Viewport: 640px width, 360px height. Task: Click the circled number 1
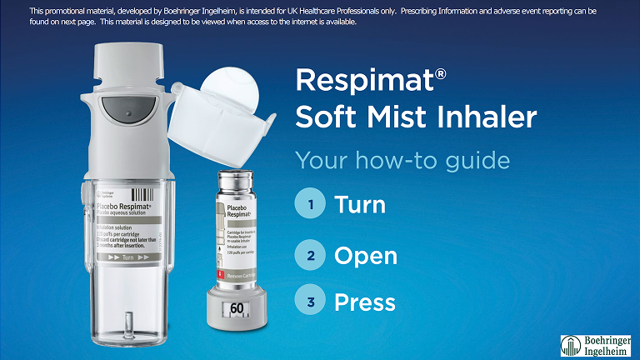click(x=310, y=204)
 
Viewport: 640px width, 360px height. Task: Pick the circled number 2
click(x=310, y=255)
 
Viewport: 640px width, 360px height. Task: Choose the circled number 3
click(x=310, y=302)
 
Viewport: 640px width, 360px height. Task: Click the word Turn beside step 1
click(x=360, y=204)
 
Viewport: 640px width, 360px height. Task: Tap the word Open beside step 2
click(x=366, y=256)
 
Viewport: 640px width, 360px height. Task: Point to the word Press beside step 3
click(x=365, y=302)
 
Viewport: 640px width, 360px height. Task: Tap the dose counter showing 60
click(x=237, y=308)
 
